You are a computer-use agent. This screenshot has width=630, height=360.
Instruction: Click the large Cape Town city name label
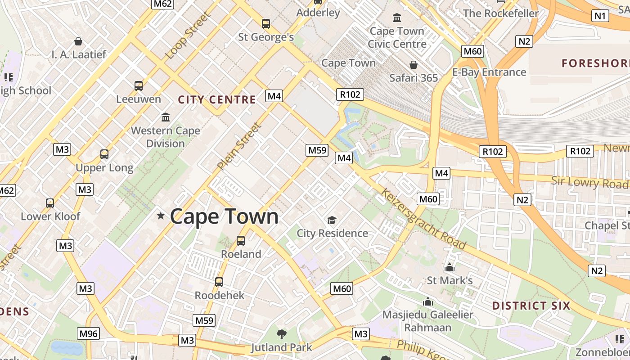224,216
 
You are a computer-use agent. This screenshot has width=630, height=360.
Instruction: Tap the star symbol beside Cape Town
161,216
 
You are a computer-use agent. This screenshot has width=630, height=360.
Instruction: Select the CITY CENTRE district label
217,99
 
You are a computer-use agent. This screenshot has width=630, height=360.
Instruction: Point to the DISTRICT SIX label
531,306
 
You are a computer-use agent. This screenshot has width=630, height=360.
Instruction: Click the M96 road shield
88,333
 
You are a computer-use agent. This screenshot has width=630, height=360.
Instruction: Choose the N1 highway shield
600,16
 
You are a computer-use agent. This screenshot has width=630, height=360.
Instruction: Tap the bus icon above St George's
266,23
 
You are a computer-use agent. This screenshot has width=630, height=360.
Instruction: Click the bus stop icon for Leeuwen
139,85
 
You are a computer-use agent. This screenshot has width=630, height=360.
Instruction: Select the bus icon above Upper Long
104,154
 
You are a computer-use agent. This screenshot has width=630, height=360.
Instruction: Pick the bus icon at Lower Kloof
50,203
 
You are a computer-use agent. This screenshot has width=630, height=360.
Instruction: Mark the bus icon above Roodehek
219,282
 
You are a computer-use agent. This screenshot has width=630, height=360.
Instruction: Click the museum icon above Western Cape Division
166,117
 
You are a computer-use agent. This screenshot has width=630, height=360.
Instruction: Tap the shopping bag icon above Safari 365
414,65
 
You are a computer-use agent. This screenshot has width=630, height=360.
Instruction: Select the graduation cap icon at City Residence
332,220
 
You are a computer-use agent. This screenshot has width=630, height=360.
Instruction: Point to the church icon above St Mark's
449,267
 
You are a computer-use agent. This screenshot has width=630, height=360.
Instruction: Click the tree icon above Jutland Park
282,334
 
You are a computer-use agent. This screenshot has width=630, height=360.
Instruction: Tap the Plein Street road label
239,147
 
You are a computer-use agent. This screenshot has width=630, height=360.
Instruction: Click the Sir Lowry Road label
589,182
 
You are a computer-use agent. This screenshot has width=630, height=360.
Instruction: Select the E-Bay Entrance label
489,72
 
